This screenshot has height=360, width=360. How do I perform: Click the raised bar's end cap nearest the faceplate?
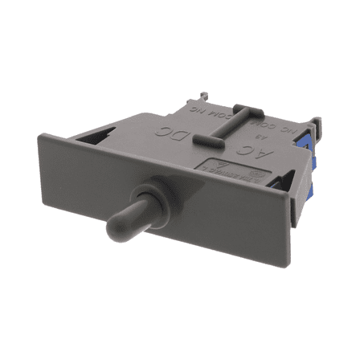[x=202, y=141]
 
